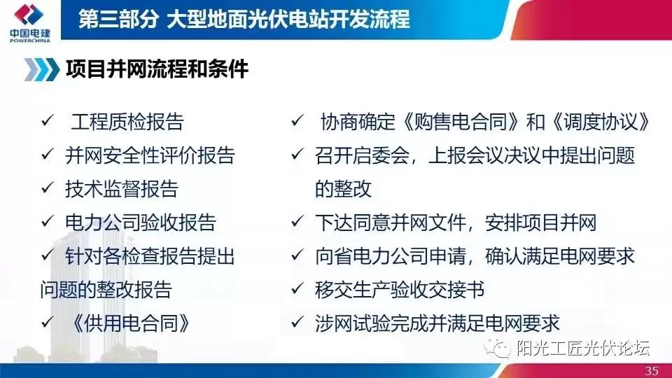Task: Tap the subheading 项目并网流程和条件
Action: coord(157,69)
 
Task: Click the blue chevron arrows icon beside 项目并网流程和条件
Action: coord(41,69)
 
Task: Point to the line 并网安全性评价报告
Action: coord(150,155)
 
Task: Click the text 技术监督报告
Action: coord(121,188)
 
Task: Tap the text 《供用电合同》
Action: coord(131,323)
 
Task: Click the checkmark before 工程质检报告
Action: coord(47,122)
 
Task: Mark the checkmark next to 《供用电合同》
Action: coord(47,323)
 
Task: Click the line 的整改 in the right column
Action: coord(343,189)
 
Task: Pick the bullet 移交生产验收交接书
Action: coord(400,289)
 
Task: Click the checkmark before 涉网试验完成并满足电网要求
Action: coord(297,323)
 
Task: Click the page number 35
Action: coord(652,370)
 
